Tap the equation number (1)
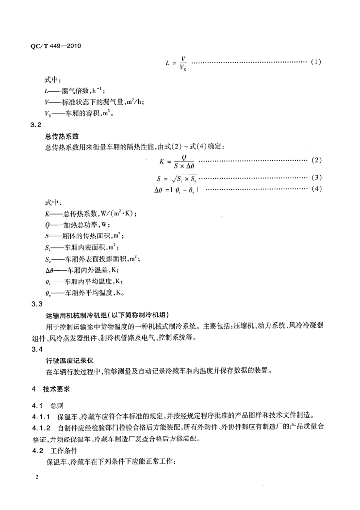315,63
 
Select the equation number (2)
315,160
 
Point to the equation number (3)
315,177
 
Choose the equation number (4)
315,189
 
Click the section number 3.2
37,126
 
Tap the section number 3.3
37,303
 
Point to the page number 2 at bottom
37,477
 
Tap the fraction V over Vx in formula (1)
182,63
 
